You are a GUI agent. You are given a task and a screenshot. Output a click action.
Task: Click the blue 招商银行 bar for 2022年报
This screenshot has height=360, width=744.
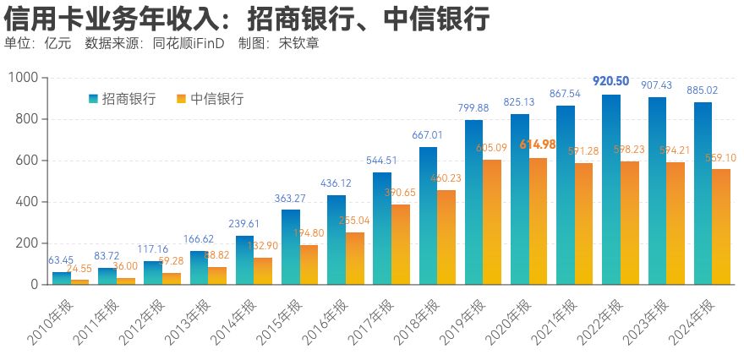[611, 189]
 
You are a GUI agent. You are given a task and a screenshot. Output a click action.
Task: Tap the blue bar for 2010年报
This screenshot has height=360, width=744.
[62, 278]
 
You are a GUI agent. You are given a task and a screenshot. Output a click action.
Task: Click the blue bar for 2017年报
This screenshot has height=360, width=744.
[382, 228]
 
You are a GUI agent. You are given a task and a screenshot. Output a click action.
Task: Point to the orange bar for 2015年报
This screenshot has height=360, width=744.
[309, 265]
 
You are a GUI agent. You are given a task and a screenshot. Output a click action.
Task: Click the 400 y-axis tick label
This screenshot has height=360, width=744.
[28, 202]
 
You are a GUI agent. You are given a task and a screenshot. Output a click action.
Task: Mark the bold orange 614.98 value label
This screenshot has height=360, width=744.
[538, 145]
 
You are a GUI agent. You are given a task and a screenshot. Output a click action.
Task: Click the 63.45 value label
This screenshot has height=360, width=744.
[61, 260]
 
